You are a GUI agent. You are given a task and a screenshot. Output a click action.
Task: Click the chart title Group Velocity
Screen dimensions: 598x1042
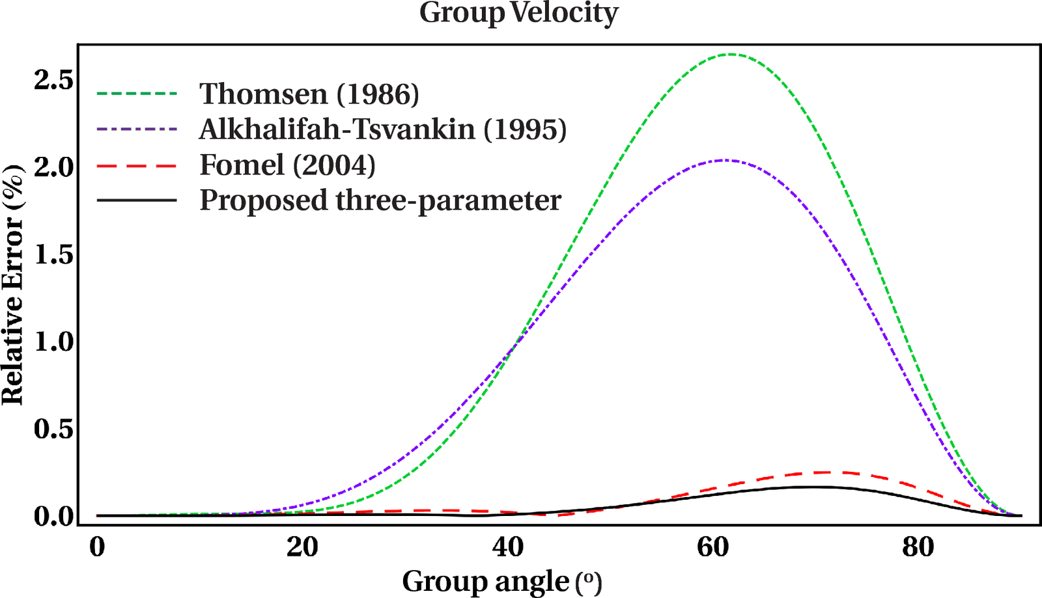[x=518, y=14]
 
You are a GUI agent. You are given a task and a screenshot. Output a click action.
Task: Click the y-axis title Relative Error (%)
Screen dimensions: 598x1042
[x=13, y=286]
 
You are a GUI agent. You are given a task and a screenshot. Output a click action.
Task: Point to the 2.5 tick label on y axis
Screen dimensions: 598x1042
[x=54, y=80]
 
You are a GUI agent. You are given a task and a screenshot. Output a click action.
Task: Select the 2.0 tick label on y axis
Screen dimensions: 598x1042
[x=54, y=167]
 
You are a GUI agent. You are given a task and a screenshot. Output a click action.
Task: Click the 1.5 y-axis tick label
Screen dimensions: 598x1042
[x=54, y=254]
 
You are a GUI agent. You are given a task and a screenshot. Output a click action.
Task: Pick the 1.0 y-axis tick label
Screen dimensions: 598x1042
[x=54, y=342]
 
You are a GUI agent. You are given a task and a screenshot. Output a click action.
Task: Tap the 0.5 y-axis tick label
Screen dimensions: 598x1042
[x=54, y=429]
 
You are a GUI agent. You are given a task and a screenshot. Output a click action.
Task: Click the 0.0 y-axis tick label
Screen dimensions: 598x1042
[x=54, y=516]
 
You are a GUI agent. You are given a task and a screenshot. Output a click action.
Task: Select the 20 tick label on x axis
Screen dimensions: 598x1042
[x=302, y=547]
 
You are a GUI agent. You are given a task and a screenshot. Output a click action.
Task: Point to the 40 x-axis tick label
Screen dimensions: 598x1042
[x=508, y=547]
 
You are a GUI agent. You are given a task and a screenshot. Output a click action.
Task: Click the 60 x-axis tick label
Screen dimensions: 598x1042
[x=713, y=547]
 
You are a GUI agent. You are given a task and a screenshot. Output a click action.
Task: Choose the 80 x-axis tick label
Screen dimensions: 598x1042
[x=918, y=547]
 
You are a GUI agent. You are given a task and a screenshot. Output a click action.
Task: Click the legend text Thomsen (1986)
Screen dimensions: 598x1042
[x=309, y=94]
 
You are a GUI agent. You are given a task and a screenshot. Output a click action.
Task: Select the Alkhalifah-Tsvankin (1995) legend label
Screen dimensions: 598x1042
[x=383, y=129]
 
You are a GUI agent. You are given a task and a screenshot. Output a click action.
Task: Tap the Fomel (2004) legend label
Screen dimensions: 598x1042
[x=287, y=165]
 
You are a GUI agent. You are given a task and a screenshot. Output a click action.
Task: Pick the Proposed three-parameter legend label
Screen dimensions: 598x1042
[x=380, y=200]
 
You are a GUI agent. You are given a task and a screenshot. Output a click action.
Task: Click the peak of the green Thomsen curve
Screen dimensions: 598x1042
[x=731, y=55]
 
